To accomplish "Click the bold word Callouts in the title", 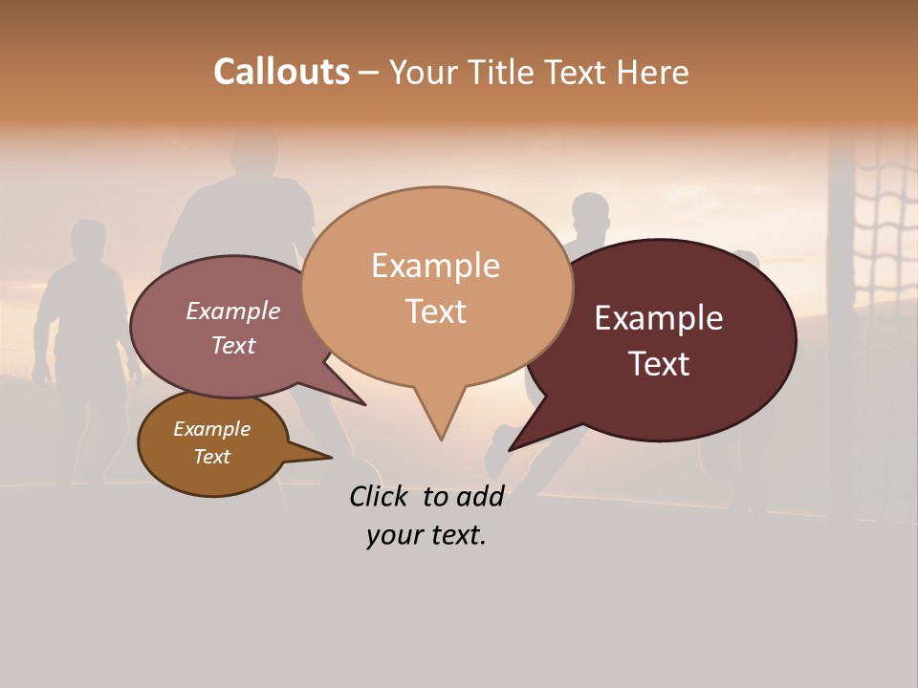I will (281, 72).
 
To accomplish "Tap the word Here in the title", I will (654, 73).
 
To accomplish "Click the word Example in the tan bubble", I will (435, 266).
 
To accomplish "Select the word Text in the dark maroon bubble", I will (659, 364).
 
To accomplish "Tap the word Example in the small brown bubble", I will (211, 429).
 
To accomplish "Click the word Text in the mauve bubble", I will (233, 345).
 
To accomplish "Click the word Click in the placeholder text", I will (380, 496).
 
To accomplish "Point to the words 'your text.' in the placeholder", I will (426, 535).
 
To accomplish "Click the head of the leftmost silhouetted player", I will (88, 239).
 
